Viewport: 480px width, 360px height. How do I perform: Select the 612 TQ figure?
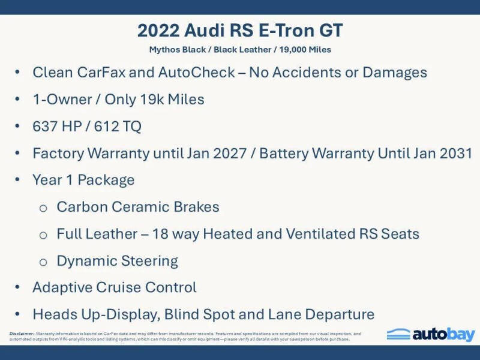[119, 127]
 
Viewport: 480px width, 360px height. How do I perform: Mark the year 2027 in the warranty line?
[235, 153]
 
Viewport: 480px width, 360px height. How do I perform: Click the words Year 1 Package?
[83, 180]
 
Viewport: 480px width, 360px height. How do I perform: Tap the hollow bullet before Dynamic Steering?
[43, 262]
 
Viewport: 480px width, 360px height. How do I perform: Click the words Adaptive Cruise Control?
[115, 287]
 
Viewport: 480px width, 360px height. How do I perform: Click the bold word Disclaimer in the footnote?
[22, 333]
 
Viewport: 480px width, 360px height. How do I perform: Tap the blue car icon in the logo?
[398, 334]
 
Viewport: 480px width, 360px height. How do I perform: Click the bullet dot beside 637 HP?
[19, 127]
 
